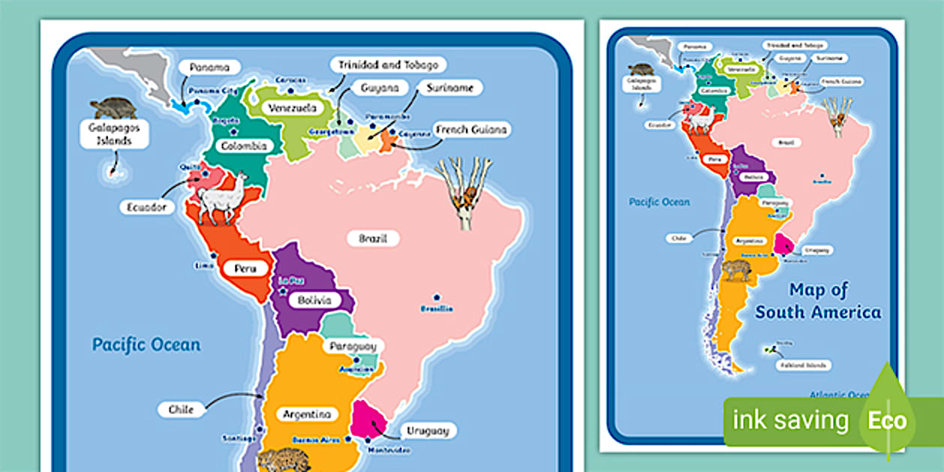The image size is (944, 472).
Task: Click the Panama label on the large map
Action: click(x=209, y=67)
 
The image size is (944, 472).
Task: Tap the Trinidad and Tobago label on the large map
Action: click(x=387, y=64)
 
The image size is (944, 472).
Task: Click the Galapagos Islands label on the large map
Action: click(x=115, y=135)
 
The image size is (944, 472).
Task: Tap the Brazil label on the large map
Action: click(x=372, y=239)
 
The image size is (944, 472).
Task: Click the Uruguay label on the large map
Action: click(x=428, y=431)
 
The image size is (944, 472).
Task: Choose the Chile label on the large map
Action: click(x=181, y=410)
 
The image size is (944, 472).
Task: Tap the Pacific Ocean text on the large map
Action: click(x=146, y=345)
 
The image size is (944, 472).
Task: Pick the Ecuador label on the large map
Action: click(x=146, y=208)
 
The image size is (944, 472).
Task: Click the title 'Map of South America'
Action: click(x=818, y=300)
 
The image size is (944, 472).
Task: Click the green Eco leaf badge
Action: click(x=887, y=418)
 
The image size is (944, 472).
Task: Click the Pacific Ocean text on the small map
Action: click(x=659, y=202)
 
